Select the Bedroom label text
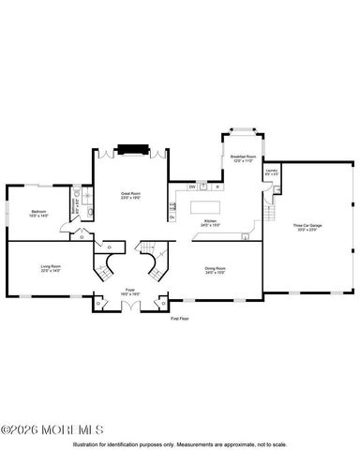(38, 214)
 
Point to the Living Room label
(51, 269)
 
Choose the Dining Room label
(216, 270)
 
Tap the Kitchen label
(210, 223)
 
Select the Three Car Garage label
(307, 228)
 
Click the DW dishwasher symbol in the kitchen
(191, 187)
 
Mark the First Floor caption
(180, 319)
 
